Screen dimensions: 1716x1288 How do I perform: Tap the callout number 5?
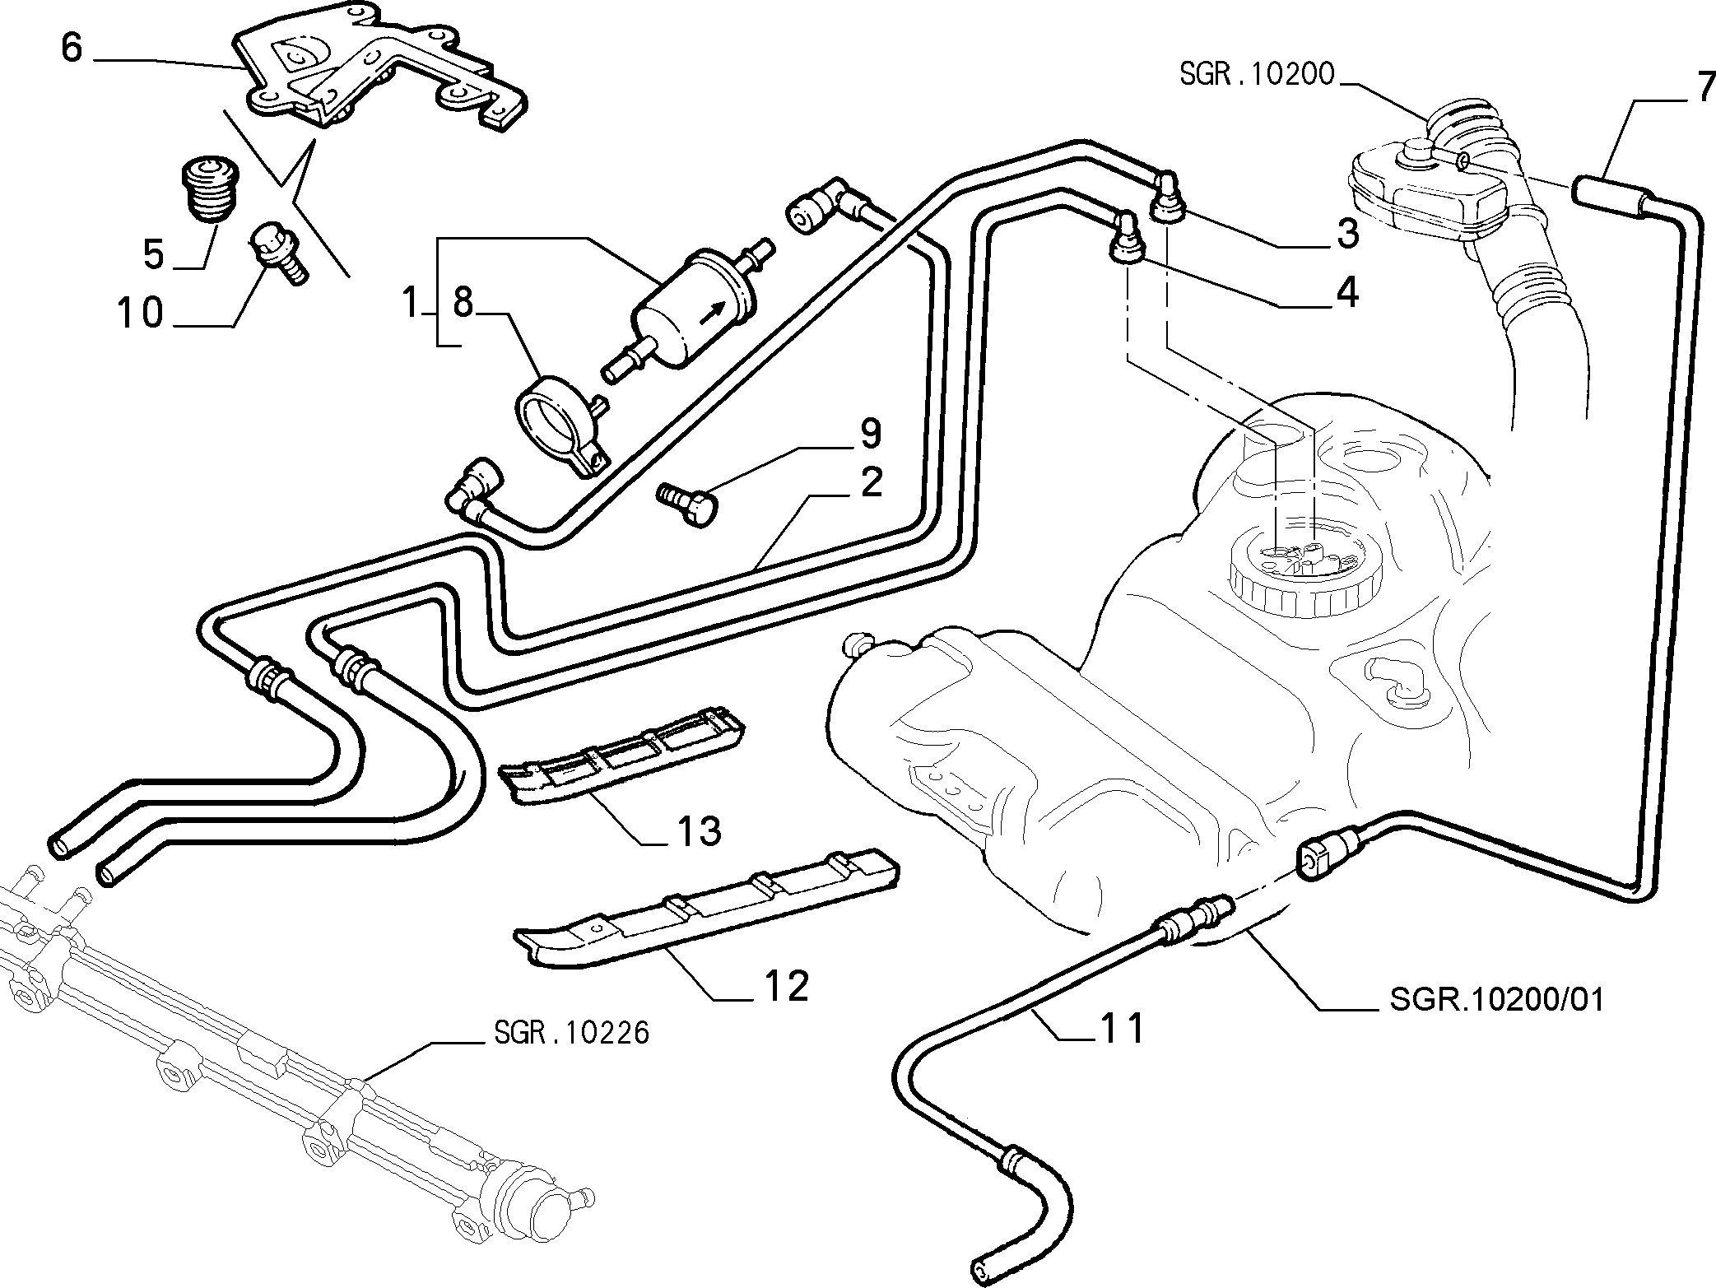[154, 254]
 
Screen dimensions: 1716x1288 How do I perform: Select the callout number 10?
[141, 314]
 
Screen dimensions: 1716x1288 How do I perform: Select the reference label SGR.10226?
[572, 1032]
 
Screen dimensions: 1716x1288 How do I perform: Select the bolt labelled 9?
[688, 505]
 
